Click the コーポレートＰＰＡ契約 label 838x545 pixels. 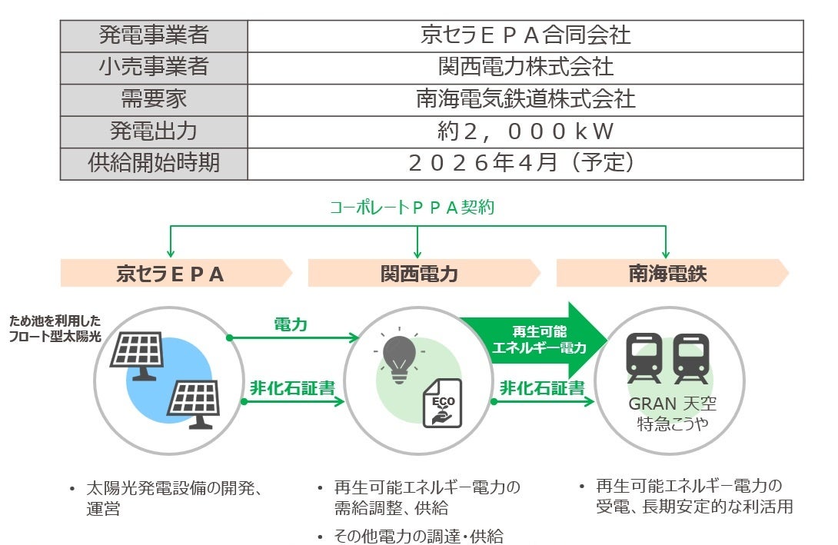(417, 208)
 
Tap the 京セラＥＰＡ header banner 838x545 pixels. (175, 273)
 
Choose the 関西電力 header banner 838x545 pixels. (423, 273)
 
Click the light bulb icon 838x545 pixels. (400, 355)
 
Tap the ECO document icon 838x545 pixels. (442, 404)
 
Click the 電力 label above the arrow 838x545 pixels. (291, 324)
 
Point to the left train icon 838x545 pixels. (644, 358)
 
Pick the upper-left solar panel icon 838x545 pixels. (137, 354)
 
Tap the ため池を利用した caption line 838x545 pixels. (55, 321)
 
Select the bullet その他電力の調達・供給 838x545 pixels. (418, 536)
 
